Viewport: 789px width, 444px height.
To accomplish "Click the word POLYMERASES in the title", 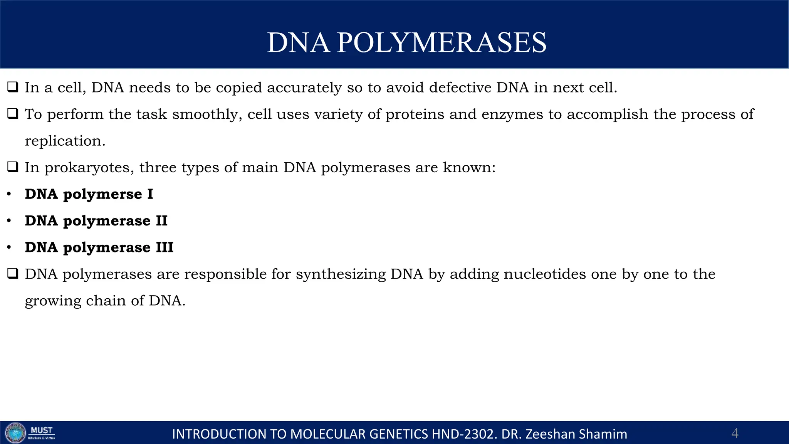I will pyautogui.click(x=442, y=42).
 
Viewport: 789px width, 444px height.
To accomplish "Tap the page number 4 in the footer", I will pyautogui.click(x=735, y=434).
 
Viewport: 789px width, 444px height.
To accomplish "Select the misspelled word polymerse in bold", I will pyautogui.click(x=102, y=195).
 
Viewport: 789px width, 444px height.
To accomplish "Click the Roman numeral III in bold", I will pyautogui.click(x=165, y=247).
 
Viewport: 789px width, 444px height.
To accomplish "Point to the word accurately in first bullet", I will pyautogui.click(x=304, y=88).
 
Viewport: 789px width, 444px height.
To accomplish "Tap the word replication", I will pyautogui.click(x=65, y=141).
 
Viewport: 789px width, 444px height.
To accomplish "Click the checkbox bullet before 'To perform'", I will pyautogui.click(x=13, y=114).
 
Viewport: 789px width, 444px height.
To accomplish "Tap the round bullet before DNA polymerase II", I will pyautogui.click(x=9, y=221).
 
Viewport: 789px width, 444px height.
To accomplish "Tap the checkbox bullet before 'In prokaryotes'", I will pyautogui.click(x=13, y=167).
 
